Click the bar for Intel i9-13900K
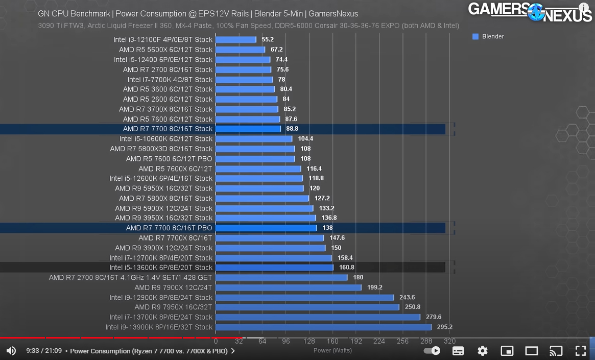pos(323,327)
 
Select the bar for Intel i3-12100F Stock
pos(235,39)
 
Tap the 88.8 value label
pos(292,129)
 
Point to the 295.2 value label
pos(444,327)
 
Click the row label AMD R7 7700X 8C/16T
pos(175,238)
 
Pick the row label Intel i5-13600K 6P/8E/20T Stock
pos(161,268)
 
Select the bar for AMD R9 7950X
pos(307,307)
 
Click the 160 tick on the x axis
pos(332,341)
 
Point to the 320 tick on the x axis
pos(449,341)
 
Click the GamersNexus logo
pos(530,12)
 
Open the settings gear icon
pos(482,351)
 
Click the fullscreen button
pos(580,351)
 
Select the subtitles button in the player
pos(458,351)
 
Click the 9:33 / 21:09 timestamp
pos(44,351)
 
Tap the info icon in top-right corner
pos(584,9)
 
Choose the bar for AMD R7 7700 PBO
pos(266,228)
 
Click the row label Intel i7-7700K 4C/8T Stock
pos(170,80)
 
